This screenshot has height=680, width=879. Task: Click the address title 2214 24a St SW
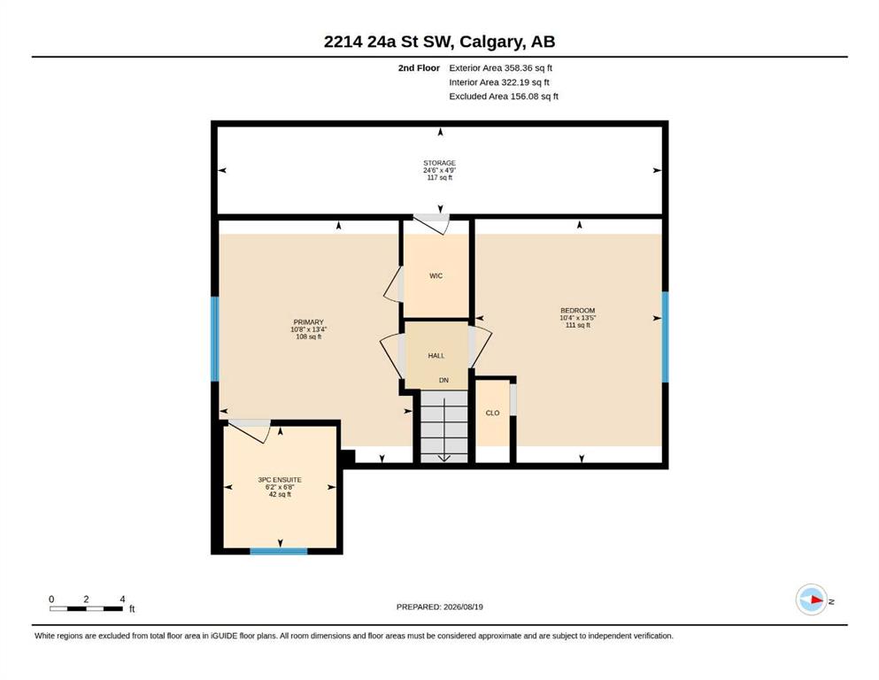pyautogui.click(x=390, y=42)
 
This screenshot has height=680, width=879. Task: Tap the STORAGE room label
pyautogui.click(x=439, y=163)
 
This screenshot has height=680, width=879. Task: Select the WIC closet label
pyautogui.click(x=436, y=276)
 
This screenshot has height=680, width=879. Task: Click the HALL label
pyautogui.click(x=436, y=355)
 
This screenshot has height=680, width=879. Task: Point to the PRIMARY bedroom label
pyautogui.click(x=308, y=322)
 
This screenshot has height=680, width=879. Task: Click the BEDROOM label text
pyautogui.click(x=577, y=311)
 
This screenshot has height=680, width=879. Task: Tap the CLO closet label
pyautogui.click(x=492, y=413)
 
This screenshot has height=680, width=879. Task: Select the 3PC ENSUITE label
pyautogui.click(x=280, y=480)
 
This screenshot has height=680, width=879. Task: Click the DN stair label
pyautogui.click(x=444, y=380)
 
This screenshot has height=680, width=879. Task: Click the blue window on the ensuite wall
pyautogui.click(x=279, y=552)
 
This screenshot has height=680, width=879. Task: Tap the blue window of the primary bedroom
pyautogui.click(x=214, y=339)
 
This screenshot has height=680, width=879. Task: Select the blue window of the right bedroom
pyautogui.click(x=666, y=337)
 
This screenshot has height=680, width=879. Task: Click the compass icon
pyautogui.click(x=811, y=599)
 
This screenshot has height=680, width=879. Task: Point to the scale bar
pyautogui.click(x=87, y=608)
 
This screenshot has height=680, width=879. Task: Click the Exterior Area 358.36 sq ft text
pyautogui.click(x=501, y=68)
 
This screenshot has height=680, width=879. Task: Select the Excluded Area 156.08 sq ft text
pyautogui.click(x=504, y=97)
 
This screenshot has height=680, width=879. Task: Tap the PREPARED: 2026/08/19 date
pyautogui.click(x=439, y=607)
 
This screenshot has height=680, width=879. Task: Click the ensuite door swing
pyautogui.click(x=250, y=429)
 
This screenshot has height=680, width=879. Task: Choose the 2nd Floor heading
pyautogui.click(x=419, y=68)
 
